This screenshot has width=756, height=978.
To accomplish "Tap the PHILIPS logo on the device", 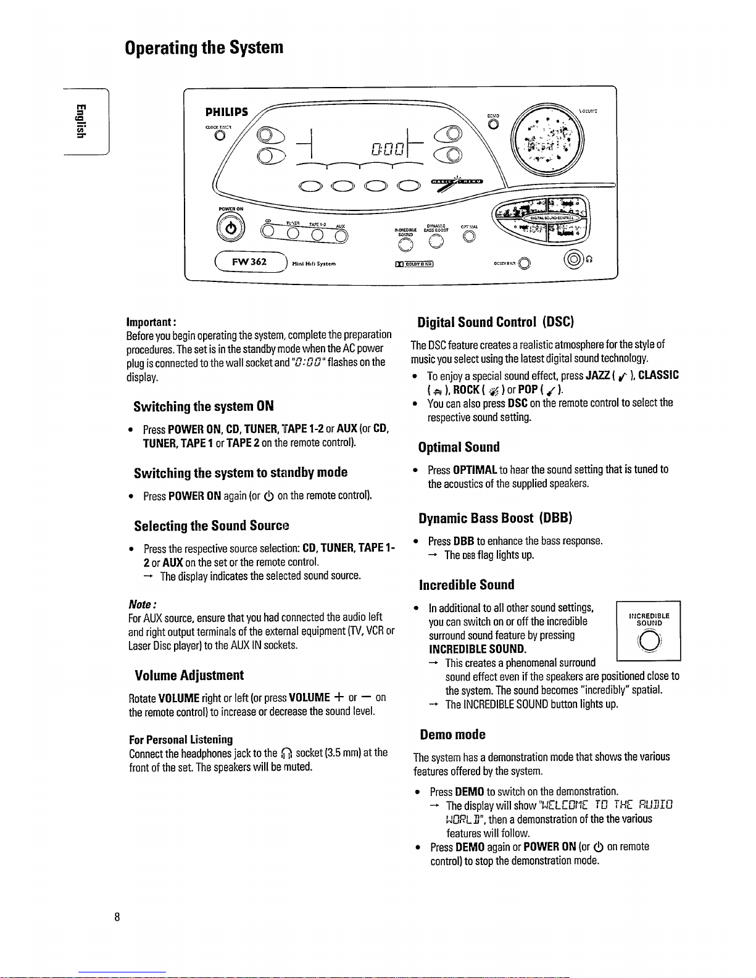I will pos(226,112).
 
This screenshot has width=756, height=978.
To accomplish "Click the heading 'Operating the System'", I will pos(204,48).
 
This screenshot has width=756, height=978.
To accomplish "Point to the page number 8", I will pos(117,916).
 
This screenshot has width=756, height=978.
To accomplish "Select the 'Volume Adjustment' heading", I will pos(189,675).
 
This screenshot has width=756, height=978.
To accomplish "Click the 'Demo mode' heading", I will pos(452,734).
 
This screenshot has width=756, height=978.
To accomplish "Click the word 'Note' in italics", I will pos(141,603).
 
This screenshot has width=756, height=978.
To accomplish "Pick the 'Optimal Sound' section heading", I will pos(459,447).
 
